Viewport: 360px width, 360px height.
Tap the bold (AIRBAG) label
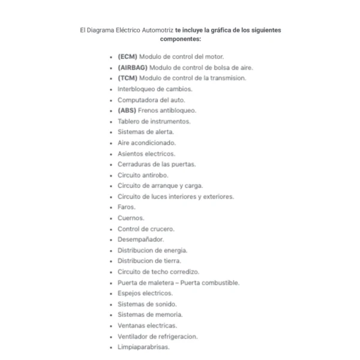(x=133, y=67)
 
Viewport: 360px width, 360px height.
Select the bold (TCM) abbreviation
(x=127, y=78)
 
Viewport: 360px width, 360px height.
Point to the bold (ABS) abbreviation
(x=127, y=110)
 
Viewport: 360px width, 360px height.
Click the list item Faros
(x=127, y=207)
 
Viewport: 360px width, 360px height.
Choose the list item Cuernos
(x=131, y=218)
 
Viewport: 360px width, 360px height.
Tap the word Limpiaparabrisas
(x=143, y=347)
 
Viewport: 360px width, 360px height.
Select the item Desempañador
(x=139, y=239)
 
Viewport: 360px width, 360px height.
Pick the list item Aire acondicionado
(x=146, y=143)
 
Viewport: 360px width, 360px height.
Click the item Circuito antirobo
(x=143, y=175)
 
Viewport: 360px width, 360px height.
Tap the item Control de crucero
(x=146, y=229)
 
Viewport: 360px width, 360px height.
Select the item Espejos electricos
(x=145, y=293)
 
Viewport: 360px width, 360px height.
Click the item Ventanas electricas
(x=147, y=325)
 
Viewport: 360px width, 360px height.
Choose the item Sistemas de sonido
(x=147, y=304)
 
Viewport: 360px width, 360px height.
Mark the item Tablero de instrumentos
(x=154, y=121)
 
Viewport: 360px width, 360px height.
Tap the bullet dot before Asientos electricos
(x=112, y=154)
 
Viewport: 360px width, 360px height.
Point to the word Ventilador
(x=133, y=336)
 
